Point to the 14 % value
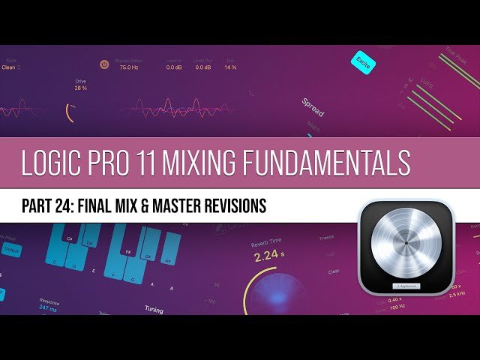pos(230,67)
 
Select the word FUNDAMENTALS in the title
pos(333,163)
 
